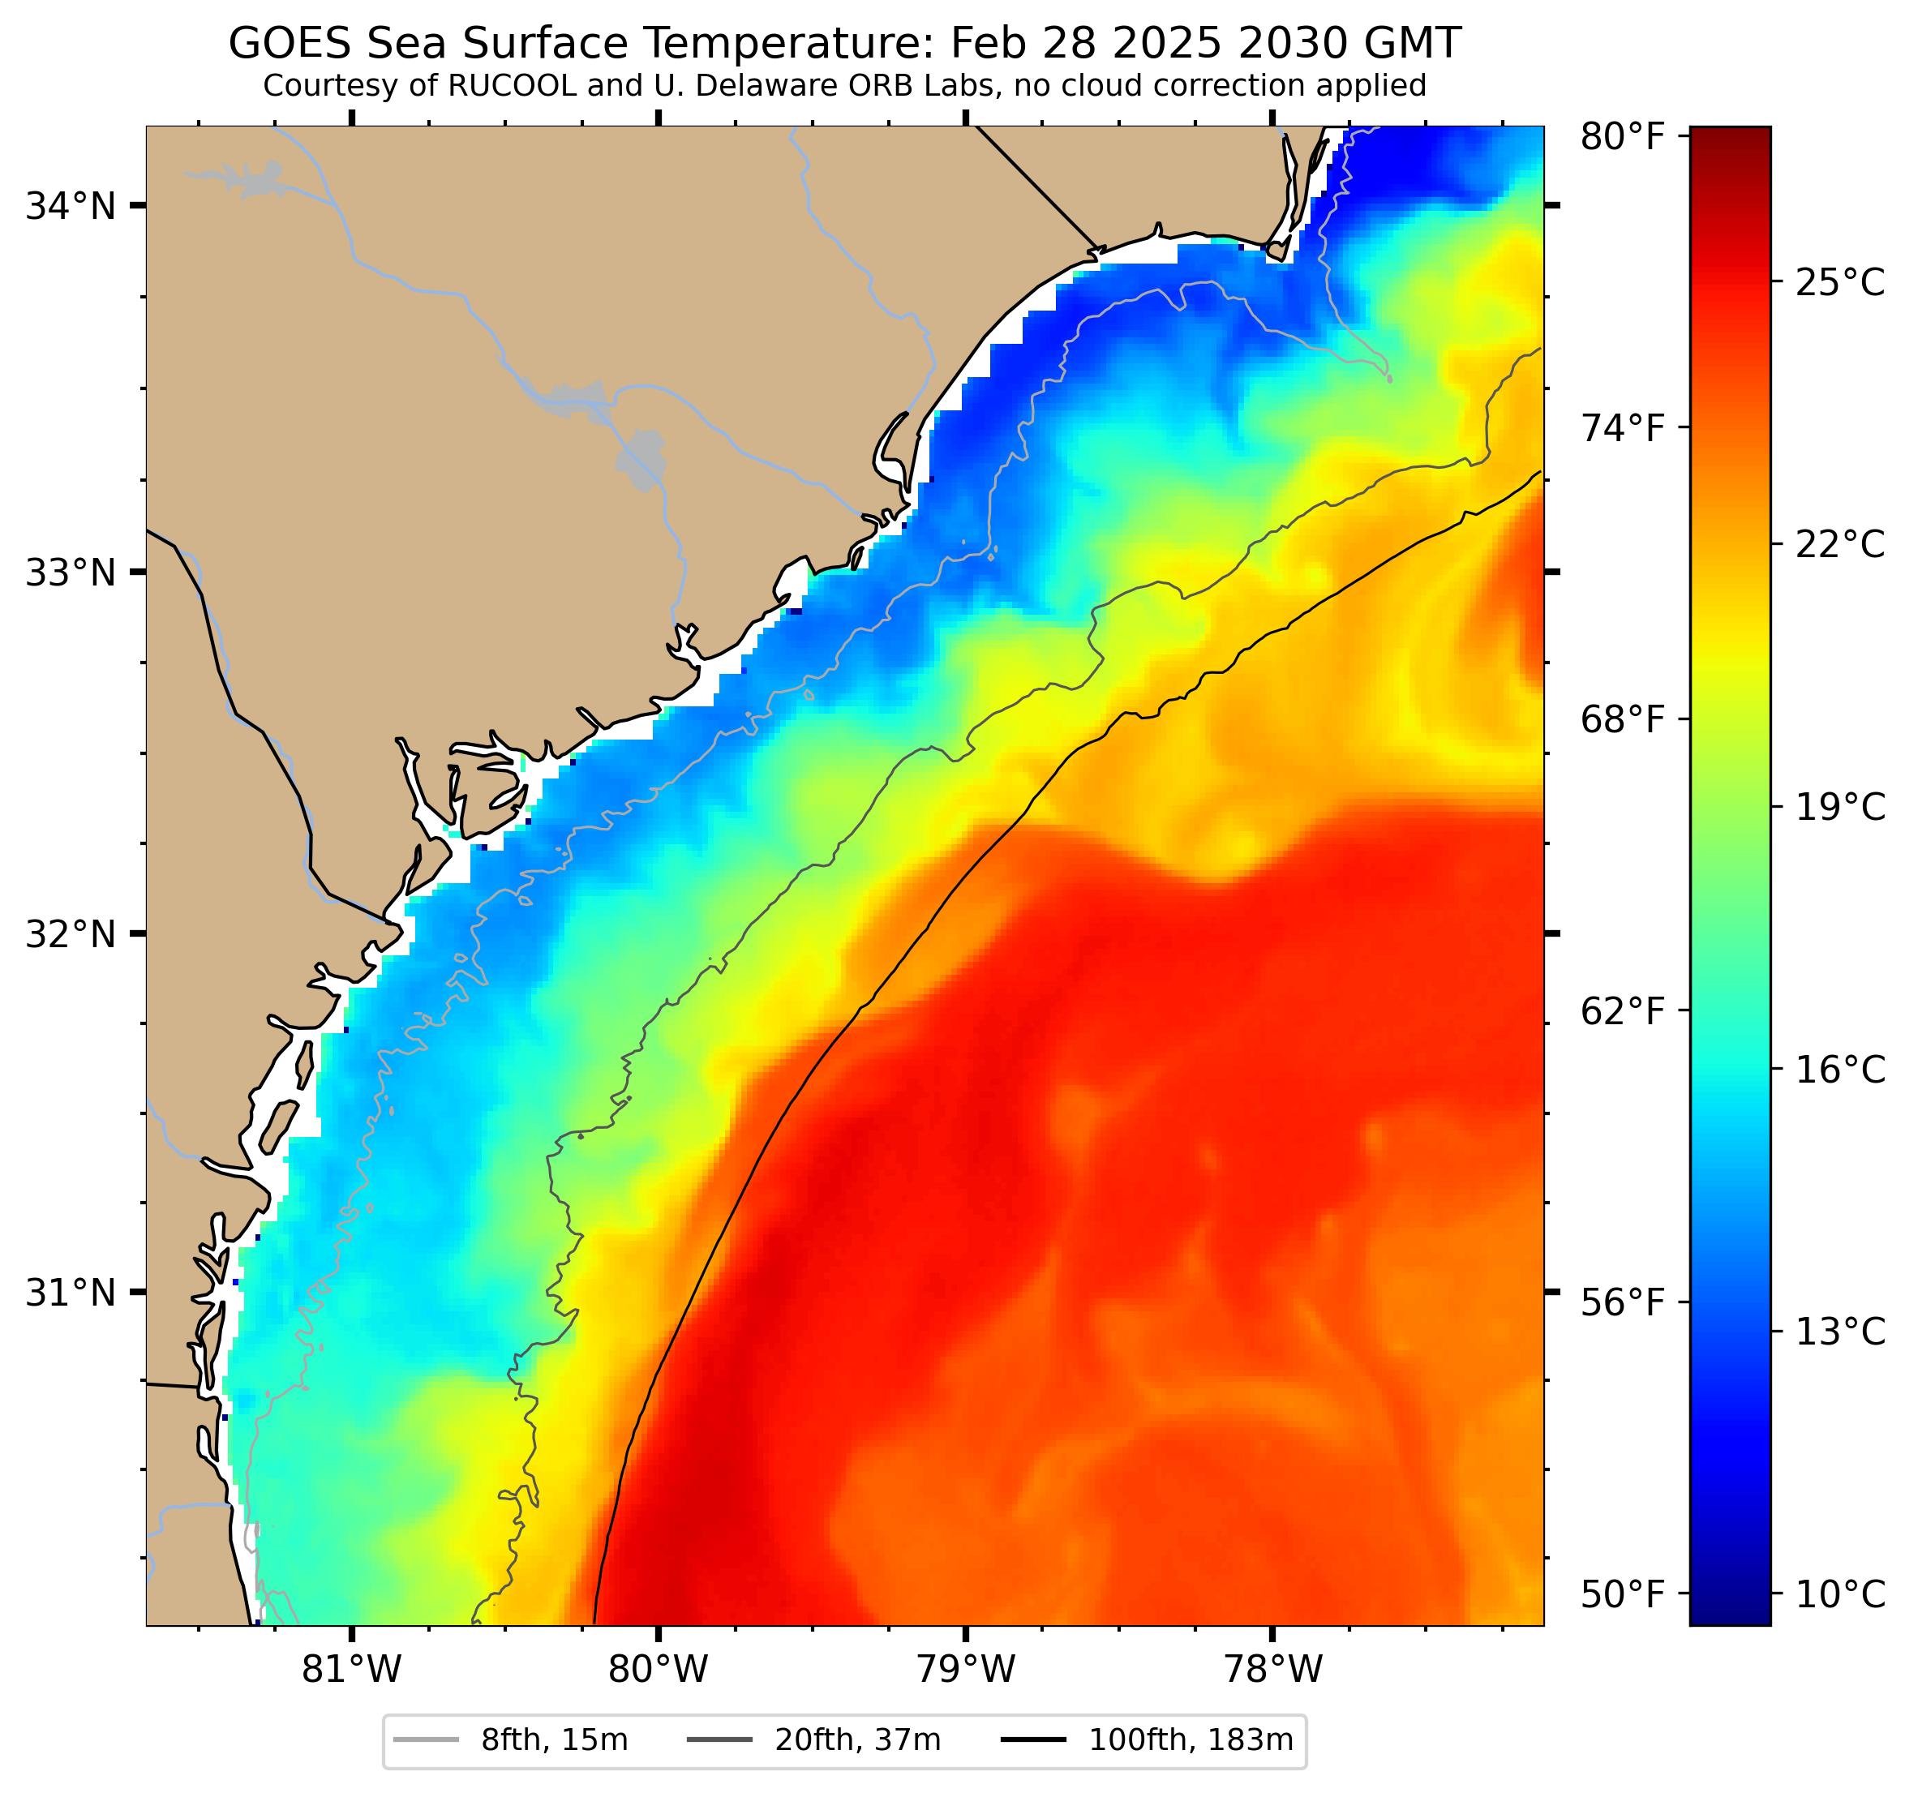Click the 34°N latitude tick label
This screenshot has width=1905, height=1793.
pos(70,206)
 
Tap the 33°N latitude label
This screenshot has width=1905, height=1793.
pos(70,573)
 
